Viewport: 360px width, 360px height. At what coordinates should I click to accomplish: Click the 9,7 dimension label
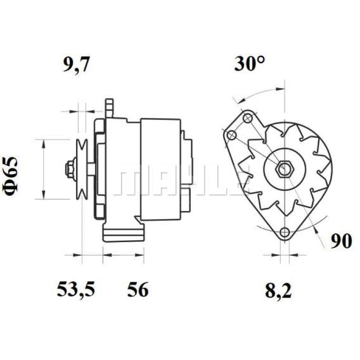76,65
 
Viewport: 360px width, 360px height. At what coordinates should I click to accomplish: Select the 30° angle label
250,63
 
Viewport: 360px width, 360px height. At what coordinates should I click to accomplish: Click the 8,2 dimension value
278,291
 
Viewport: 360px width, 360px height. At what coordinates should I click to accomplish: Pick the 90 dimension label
341,241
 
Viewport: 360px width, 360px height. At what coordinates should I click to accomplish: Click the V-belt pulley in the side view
82,170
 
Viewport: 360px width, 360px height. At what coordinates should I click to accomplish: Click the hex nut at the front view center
284,169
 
